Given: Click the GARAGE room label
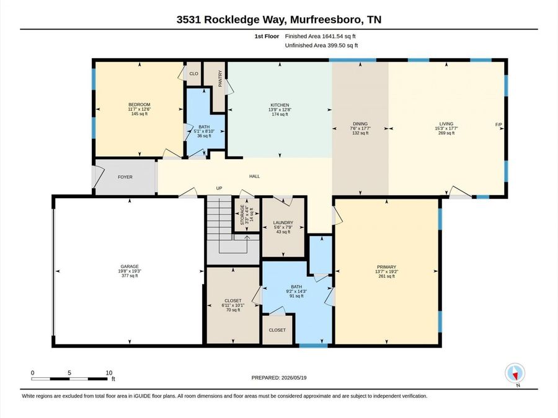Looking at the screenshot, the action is [129, 266].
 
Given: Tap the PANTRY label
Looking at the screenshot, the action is [220, 78].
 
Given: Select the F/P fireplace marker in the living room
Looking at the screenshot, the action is [498, 124].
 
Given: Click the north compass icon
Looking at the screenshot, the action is [515, 373].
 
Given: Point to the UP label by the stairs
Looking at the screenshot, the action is [219, 188].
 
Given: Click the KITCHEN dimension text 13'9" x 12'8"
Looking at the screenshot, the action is [280, 110].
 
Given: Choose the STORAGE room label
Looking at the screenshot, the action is [242, 215].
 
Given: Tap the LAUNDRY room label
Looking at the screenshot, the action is [283, 222].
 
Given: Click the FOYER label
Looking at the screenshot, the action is [125, 177].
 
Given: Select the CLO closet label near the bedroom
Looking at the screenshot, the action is [193, 74].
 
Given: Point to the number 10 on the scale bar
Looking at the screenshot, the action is [108, 373].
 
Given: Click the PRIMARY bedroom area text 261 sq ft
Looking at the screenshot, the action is [386, 276].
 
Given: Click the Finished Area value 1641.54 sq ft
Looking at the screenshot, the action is [339, 36].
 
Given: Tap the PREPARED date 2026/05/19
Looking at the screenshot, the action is [293, 378].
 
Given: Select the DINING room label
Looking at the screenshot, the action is [360, 124].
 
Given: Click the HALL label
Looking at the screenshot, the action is [254, 176].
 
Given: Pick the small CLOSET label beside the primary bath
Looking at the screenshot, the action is [277, 330].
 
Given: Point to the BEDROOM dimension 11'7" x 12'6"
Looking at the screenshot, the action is [139, 109].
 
